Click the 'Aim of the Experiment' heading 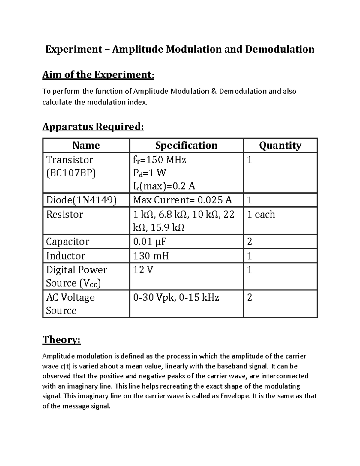click(98, 74)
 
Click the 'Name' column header click(86, 146)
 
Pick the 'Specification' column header click(186, 146)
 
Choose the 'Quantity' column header click(280, 146)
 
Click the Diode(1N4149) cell click(81, 200)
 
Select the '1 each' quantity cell click(261, 214)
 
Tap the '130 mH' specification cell click(151, 256)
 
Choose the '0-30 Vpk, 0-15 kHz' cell click(176, 297)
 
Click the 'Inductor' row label click(66, 256)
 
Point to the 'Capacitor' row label click(68, 242)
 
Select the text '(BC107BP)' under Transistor click(71, 173)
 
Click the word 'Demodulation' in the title click(280, 49)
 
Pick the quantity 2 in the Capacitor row click(249, 242)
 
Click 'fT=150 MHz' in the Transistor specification click(160, 160)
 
